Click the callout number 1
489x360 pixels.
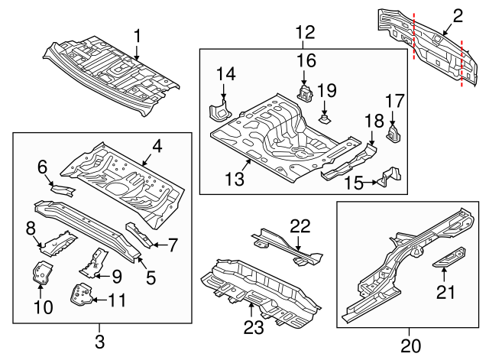(138, 35)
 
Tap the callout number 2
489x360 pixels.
(458, 15)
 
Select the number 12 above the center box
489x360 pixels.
(305, 32)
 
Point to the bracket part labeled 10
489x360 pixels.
(42, 273)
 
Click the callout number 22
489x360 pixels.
(301, 225)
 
